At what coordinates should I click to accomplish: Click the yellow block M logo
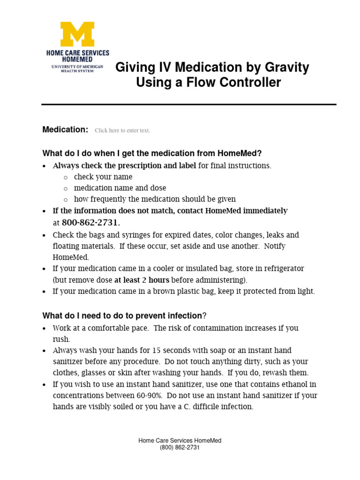click(77, 34)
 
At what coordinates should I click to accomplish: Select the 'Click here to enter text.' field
click(122, 131)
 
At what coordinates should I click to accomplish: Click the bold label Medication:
click(65, 130)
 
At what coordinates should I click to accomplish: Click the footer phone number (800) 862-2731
click(180, 448)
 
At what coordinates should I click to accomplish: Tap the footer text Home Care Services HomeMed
click(180, 441)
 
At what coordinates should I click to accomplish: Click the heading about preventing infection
click(124, 316)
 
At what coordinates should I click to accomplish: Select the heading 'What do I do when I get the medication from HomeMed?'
click(152, 153)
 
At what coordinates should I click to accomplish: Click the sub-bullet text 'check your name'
click(103, 177)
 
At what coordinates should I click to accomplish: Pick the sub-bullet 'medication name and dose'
click(113, 188)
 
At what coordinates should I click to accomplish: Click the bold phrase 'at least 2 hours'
click(142, 280)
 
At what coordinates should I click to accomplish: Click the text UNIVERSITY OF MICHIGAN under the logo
click(77, 67)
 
